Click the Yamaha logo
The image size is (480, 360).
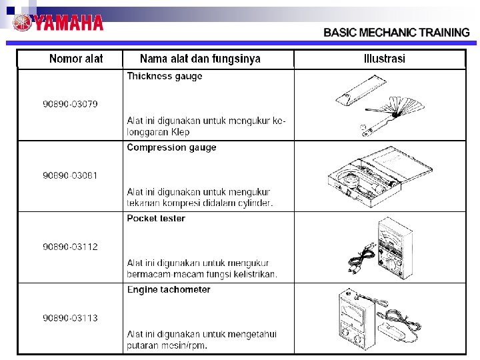pos(57,23)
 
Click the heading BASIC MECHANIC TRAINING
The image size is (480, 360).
pos(397,33)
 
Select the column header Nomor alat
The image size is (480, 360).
pos(76,59)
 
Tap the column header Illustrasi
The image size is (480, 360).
pos(385,59)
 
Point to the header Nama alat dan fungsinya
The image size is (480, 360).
pos(200,59)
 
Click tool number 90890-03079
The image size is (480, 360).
pos(70,104)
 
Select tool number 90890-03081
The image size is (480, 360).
pos(70,175)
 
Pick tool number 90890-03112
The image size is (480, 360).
pos(70,247)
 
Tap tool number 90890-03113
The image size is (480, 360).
pos(70,318)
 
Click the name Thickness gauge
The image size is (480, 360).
pos(165,76)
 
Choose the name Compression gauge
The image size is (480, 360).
pos(172,147)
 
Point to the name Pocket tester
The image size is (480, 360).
pos(156,218)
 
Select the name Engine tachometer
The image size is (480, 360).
pos(169,289)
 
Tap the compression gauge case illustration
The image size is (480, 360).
pos(379,177)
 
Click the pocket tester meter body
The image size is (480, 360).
pos(394,248)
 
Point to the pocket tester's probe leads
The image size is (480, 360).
pos(361,258)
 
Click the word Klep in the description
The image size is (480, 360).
pos(180,132)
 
